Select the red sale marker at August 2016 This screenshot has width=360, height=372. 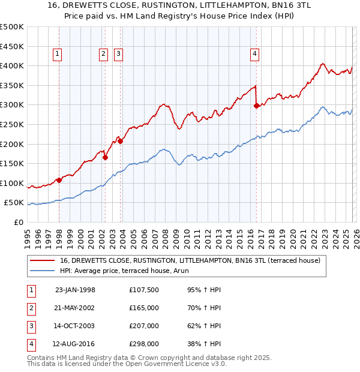257,106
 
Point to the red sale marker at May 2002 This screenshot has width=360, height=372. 105,158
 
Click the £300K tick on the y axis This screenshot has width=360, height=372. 12,105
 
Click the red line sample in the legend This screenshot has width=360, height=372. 43,260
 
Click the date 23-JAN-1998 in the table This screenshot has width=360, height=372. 75,290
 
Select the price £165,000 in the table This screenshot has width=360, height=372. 144,308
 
